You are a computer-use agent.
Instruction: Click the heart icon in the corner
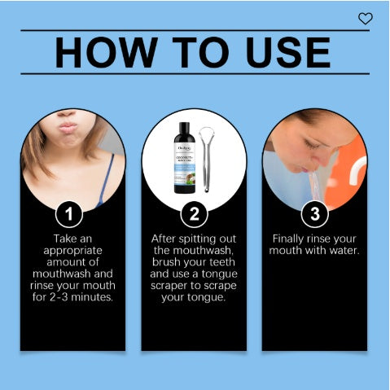[x=365, y=18]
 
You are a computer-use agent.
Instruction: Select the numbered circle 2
[x=194, y=215]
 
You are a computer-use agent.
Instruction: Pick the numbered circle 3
[x=314, y=215]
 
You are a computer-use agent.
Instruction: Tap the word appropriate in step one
[x=73, y=251]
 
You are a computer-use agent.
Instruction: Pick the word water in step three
[x=340, y=251]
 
